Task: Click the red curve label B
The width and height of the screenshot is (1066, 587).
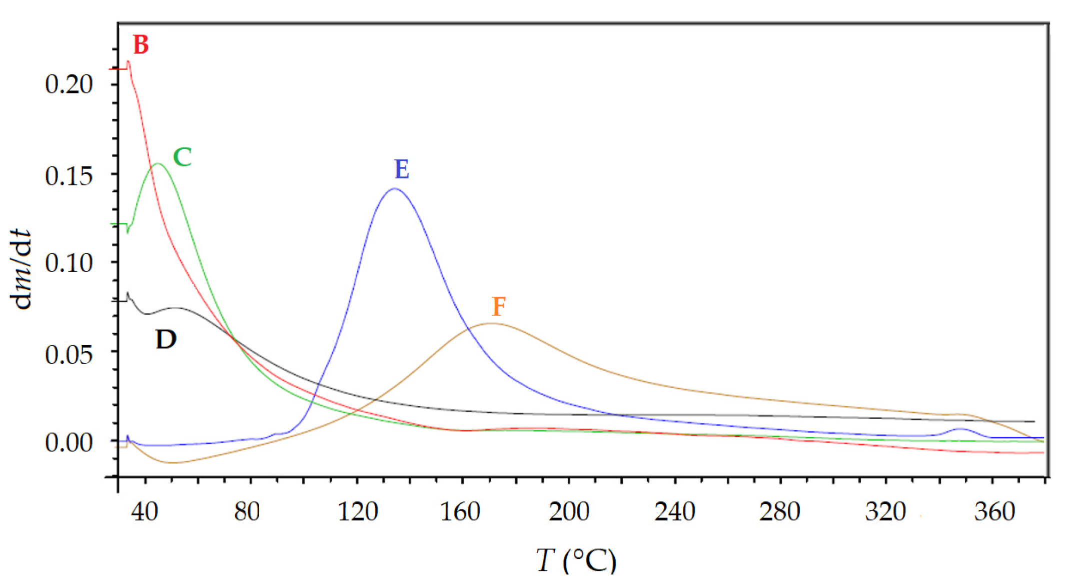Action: (141, 45)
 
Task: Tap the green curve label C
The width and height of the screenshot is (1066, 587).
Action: (182, 157)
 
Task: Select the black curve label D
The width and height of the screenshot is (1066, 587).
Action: (166, 340)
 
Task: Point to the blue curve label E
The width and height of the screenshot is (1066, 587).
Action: (402, 169)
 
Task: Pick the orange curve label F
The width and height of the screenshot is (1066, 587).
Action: (499, 306)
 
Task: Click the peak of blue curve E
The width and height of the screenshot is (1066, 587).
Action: (395, 188)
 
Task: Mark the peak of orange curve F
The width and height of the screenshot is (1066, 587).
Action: (491, 323)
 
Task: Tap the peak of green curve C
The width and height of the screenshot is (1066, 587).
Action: (158, 163)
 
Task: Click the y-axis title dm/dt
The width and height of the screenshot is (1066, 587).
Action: (21, 270)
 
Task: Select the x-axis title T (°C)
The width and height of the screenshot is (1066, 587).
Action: (575, 560)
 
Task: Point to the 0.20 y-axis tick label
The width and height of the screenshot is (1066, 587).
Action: (69, 84)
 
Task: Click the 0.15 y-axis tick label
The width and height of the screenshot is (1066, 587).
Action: (69, 176)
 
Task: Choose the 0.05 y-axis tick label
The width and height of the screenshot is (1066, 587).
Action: (69, 355)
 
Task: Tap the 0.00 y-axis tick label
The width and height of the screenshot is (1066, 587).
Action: (69, 442)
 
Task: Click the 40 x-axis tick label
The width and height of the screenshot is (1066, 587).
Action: (145, 511)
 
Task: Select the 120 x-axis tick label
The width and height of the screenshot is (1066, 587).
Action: (357, 511)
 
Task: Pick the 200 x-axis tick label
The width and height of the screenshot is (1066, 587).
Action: (569, 511)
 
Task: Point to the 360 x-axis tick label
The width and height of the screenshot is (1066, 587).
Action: (994, 511)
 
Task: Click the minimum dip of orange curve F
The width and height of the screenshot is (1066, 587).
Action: (172, 462)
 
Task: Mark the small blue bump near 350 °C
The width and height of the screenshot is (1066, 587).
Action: (960, 429)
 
